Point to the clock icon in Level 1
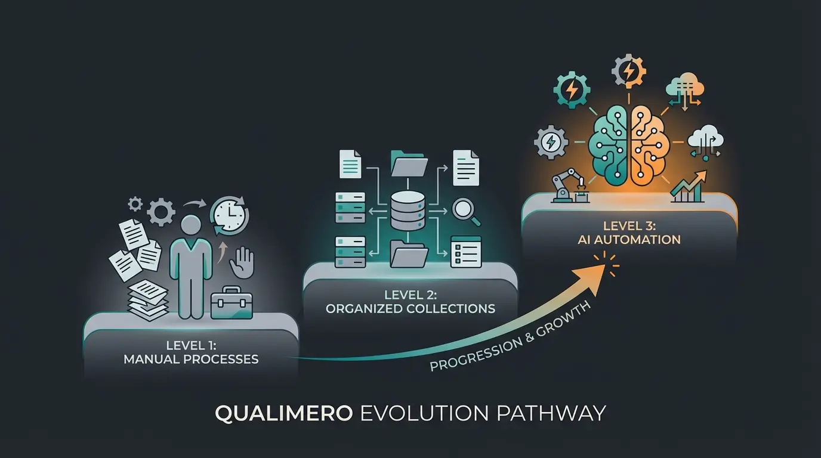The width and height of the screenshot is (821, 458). pos(229,216)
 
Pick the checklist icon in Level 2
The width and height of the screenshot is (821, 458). pos(465,251)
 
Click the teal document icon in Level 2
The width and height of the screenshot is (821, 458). pos(350,163)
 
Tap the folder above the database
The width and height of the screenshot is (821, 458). pos(409,162)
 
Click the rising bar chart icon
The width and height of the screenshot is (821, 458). pos(687,186)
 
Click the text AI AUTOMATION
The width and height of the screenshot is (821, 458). pos(629,240)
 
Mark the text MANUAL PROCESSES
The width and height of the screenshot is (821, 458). pos(191,359)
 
